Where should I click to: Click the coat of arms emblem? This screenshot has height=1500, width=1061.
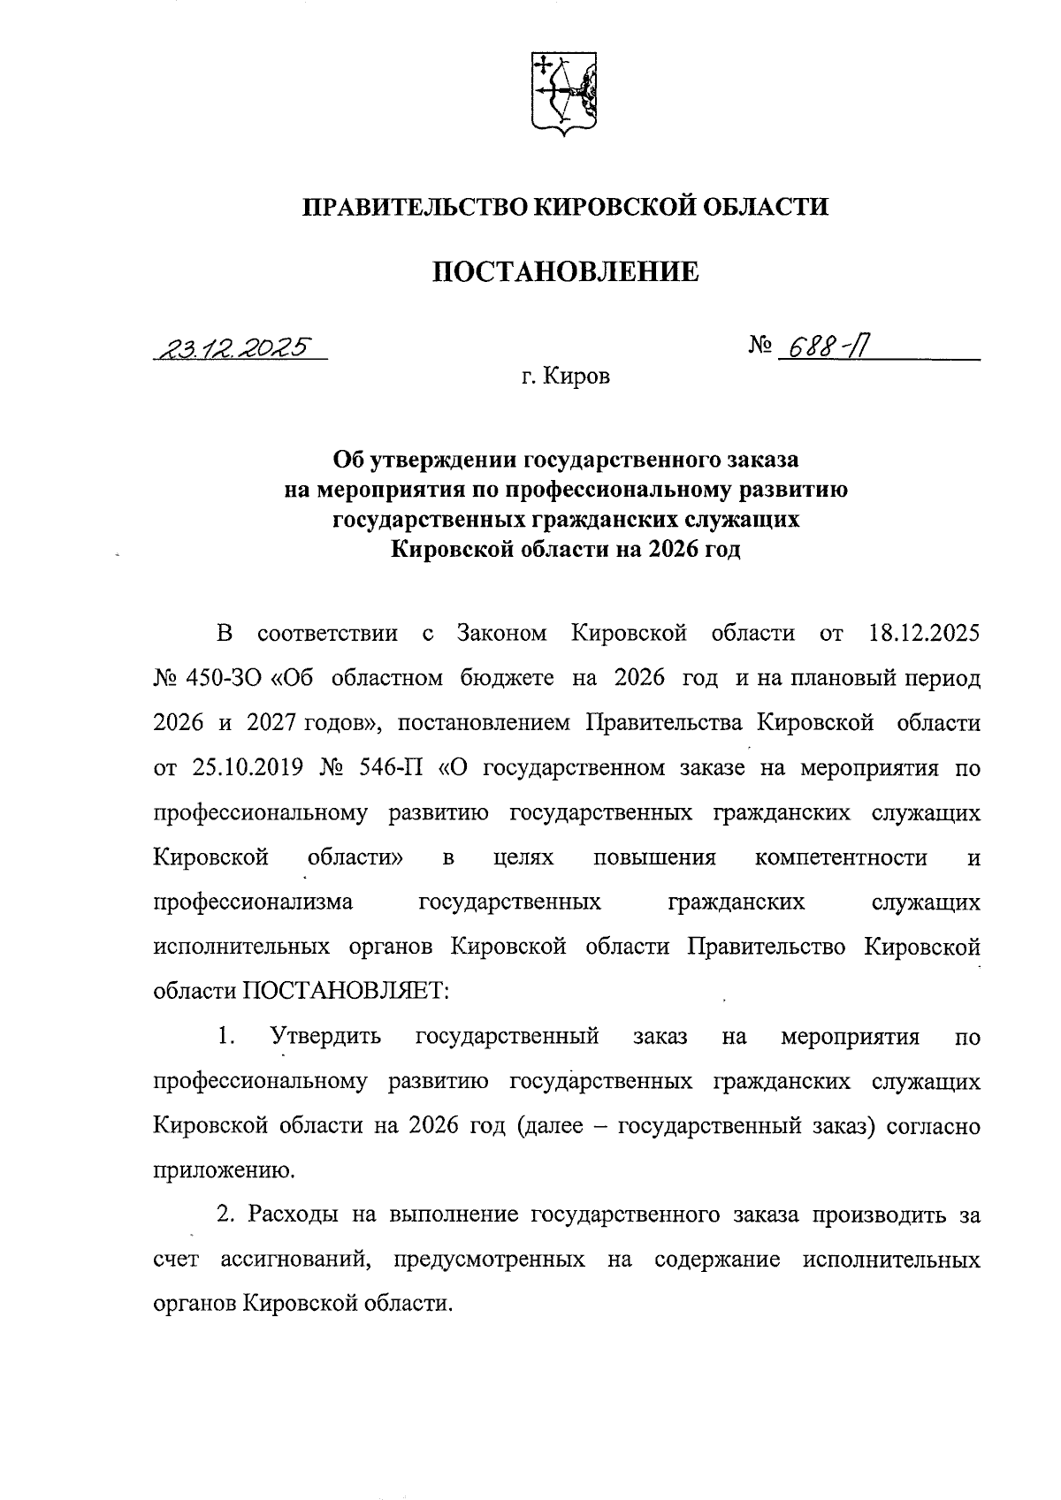563,92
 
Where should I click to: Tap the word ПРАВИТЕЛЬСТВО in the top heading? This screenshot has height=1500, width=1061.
416,207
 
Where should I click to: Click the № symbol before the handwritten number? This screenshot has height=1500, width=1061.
759,347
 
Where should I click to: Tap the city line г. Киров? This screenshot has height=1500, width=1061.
565,378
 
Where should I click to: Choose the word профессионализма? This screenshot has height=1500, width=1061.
253,902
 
